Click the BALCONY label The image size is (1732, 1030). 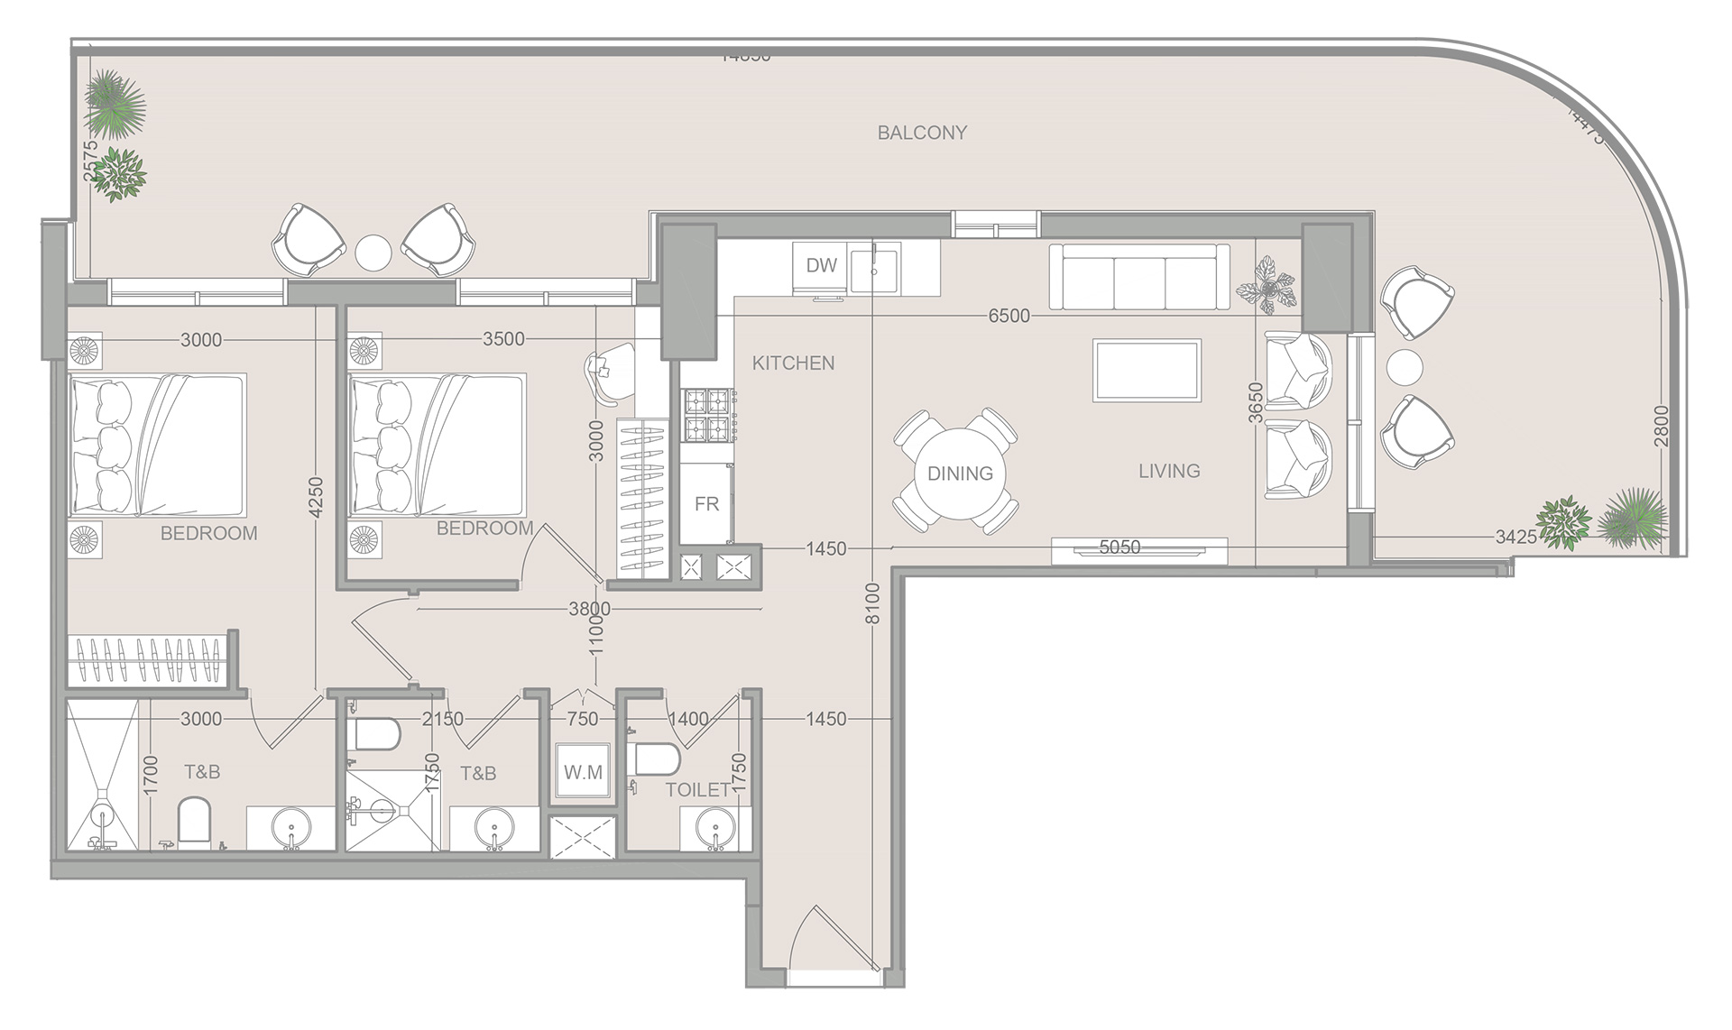(x=922, y=133)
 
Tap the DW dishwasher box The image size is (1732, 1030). (x=820, y=265)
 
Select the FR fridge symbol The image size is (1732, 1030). (x=705, y=503)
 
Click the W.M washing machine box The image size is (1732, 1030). (x=583, y=772)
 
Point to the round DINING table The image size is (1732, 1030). (x=959, y=473)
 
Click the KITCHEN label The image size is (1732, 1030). (x=793, y=363)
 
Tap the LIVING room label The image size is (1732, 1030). (x=1168, y=470)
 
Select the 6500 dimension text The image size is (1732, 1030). (x=1009, y=316)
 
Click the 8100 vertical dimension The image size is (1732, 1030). (x=872, y=603)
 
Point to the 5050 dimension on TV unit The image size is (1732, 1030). (x=1119, y=547)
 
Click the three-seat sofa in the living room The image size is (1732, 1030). (x=1139, y=277)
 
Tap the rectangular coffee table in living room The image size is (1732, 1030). (x=1147, y=370)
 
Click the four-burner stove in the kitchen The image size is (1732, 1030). (x=708, y=414)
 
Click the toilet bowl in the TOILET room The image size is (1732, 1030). (x=656, y=759)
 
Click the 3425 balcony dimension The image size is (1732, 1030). (x=1515, y=538)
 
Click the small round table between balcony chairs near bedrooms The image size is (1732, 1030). (x=373, y=252)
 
